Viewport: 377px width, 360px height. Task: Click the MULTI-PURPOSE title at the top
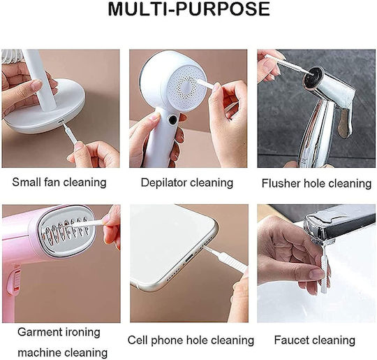188,9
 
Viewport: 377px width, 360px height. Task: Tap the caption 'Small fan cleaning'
59,182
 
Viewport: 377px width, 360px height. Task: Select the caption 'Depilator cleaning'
187,182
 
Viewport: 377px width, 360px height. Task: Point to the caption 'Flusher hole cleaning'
316,183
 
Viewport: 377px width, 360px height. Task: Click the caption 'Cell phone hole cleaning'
191,340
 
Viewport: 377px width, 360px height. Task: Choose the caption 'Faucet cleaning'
314,340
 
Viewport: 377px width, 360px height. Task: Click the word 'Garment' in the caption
36,332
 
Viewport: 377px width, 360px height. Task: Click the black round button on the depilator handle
172,120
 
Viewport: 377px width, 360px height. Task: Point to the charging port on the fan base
61,122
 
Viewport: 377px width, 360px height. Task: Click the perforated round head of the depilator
187,85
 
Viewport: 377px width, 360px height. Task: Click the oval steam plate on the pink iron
67,229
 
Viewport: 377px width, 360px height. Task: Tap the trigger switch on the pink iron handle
14,282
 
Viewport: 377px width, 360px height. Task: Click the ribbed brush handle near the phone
232,261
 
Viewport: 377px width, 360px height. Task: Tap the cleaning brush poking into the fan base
70,134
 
